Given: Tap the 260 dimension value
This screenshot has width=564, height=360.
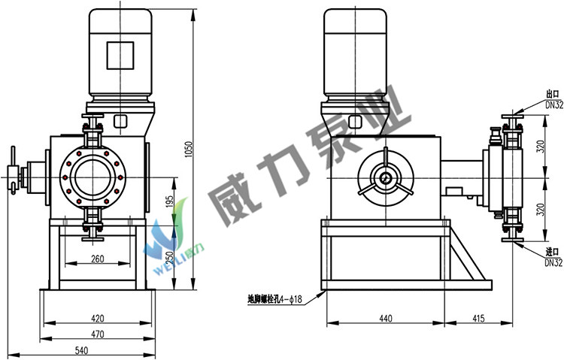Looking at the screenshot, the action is point(98,259).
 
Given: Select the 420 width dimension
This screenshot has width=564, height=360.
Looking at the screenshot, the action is point(98,318).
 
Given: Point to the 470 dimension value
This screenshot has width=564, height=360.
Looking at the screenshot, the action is point(98,334).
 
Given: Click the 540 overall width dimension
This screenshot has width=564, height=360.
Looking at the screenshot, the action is point(81,350).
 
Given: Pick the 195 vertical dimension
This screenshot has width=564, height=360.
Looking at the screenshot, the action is point(169,202).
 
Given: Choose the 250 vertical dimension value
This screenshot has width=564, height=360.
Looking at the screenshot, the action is point(169,256).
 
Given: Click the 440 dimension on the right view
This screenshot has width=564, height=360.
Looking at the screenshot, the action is point(386,318).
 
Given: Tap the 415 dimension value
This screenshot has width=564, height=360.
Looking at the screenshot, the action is point(478,318).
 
